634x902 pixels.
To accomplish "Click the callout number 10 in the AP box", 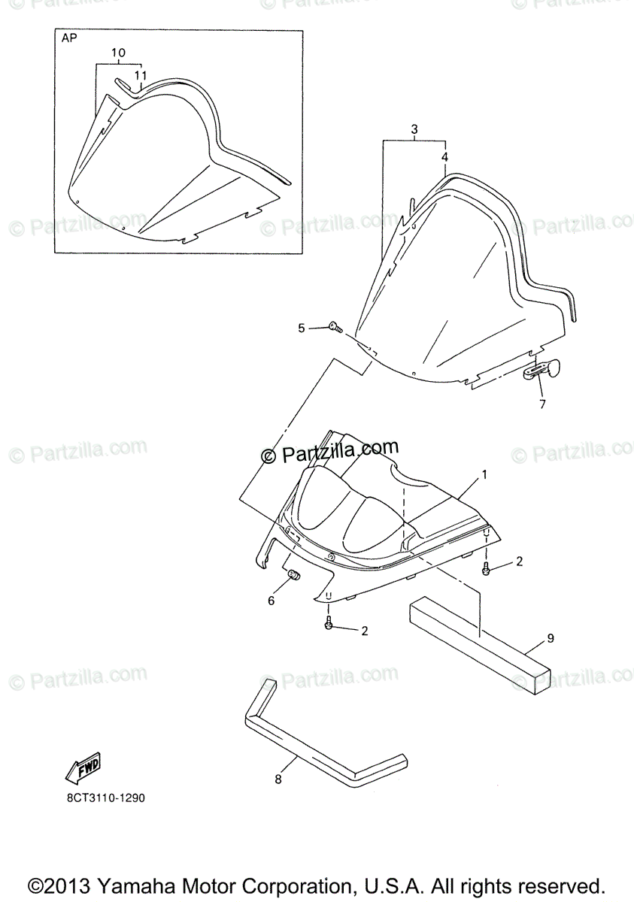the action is tap(118, 53).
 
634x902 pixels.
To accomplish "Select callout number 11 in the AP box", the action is tap(140, 75).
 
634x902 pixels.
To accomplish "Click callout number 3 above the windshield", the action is tap(414, 129).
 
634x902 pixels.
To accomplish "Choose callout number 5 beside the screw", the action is tap(302, 328).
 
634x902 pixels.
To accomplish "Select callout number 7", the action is tap(541, 405).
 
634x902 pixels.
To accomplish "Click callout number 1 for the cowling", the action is tap(485, 474).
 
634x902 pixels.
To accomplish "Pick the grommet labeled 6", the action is tap(295, 575).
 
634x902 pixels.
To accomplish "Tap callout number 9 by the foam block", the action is tap(551, 638).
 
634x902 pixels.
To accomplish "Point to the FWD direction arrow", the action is tap(82, 767).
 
